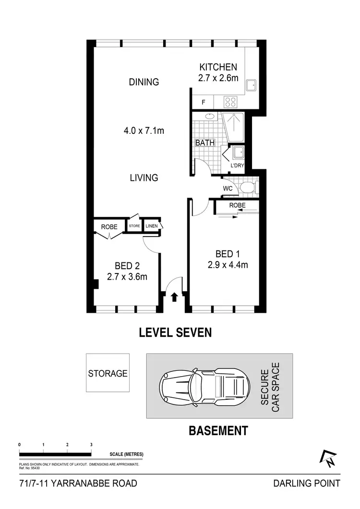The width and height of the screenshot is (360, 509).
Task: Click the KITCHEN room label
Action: [218, 67]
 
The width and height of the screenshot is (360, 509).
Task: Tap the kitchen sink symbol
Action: [251, 86]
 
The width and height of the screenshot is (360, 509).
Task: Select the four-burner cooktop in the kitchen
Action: [230, 102]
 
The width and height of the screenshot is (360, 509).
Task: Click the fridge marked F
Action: [204, 102]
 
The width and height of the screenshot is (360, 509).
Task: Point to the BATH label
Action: [204, 142]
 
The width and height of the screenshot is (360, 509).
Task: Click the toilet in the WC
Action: [248, 188]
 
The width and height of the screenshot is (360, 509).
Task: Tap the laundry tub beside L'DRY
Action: [238, 153]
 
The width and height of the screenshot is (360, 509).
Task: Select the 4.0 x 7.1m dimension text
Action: [144, 130]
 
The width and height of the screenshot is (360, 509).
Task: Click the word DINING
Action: [144, 82]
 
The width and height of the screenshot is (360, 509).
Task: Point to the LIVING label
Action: [144, 178]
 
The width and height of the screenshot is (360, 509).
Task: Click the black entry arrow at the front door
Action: [174, 297]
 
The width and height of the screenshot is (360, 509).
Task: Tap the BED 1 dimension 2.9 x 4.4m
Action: [228, 265]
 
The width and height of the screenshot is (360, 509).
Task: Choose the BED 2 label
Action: [127, 266]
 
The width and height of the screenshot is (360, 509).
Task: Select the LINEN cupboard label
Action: [151, 225]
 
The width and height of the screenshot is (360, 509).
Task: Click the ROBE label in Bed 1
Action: [237, 205]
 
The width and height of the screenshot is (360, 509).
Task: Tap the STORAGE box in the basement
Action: [108, 373]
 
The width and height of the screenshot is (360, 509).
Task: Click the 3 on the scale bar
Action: [91, 445]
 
